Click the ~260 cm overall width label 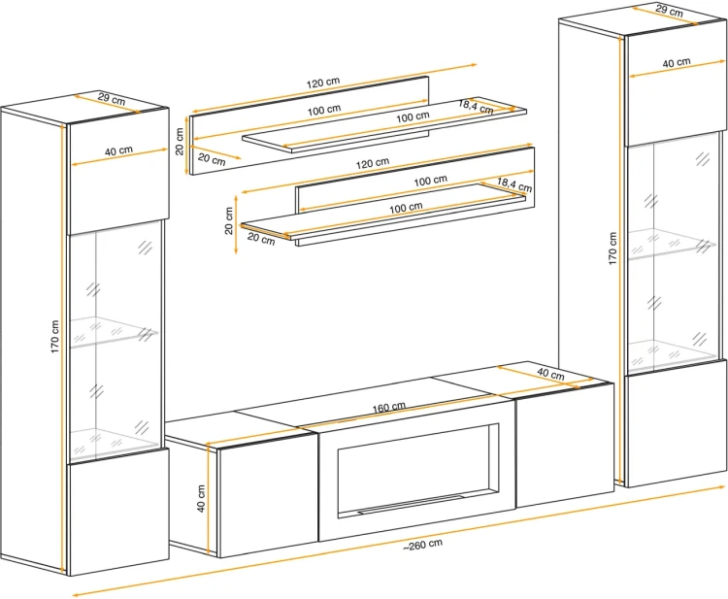click(x=422, y=545)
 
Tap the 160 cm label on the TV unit click(x=389, y=408)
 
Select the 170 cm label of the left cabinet click(x=55, y=336)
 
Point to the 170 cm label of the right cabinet click(x=612, y=249)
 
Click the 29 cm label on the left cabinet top click(x=112, y=99)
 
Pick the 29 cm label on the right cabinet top click(x=669, y=11)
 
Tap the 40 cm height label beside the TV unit click(x=202, y=498)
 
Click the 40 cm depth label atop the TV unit click(x=550, y=374)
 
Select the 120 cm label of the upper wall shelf click(x=323, y=83)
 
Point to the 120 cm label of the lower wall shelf click(x=373, y=163)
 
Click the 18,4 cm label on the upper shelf click(x=476, y=107)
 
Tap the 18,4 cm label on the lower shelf click(x=514, y=184)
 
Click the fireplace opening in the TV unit click(x=418, y=470)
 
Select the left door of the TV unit click(x=268, y=495)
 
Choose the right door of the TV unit click(x=565, y=445)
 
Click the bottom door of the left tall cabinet click(x=118, y=513)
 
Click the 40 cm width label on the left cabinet click(x=118, y=150)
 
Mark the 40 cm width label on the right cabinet click(x=677, y=62)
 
